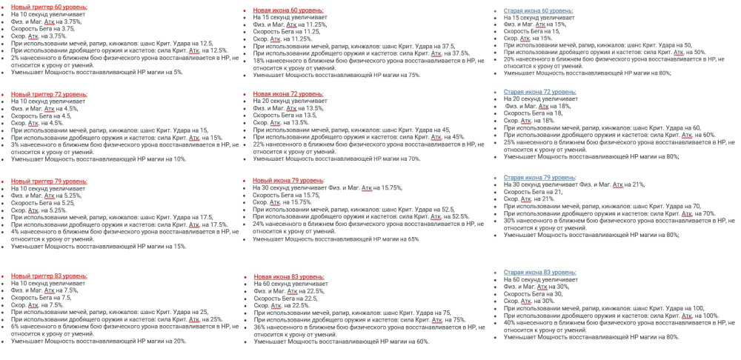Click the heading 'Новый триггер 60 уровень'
[49, 7]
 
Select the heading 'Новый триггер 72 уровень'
[49, 94]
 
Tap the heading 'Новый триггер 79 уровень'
[49, 181]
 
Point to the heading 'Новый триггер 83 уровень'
[49, 276]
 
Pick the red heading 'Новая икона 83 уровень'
[288, 276]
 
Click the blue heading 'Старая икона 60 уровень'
[539, 11]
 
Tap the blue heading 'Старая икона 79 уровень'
[539, 178]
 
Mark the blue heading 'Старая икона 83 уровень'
[539, 273]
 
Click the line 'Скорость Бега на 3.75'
[42, 28]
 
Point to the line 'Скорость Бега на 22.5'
[286, 298]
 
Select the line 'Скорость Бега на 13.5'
[286, 116]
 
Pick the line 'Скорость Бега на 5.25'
[42, 203]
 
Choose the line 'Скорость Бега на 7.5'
[41, 297]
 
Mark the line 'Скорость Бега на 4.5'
[41, 116]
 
